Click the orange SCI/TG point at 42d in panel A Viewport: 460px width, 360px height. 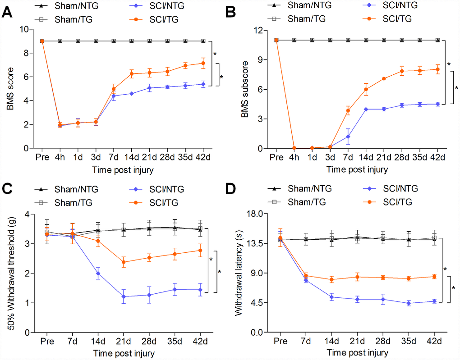coord(203,63)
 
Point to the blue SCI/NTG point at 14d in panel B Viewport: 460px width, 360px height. coord(366,109)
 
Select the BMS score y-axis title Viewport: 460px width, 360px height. coord(9,88)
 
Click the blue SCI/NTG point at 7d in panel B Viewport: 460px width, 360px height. coord(348,137)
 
